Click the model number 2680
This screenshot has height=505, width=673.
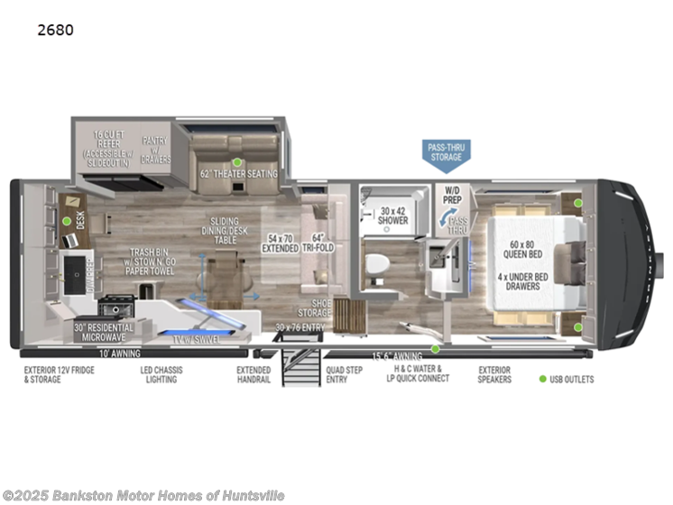pos(56,30)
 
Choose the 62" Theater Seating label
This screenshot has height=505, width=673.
pos(239,173)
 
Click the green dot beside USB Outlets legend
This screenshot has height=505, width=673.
pos(543,380)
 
